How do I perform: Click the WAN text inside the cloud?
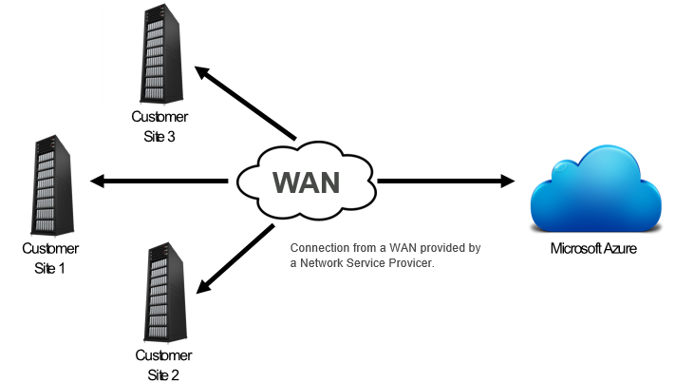(307, 181)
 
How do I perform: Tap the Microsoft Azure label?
(593, 249)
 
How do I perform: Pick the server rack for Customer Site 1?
(51, 189)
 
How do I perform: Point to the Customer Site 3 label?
(159, 126)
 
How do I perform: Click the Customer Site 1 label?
(50, 258)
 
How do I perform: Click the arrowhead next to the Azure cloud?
(506, 181)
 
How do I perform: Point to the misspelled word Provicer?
(411, 263)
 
